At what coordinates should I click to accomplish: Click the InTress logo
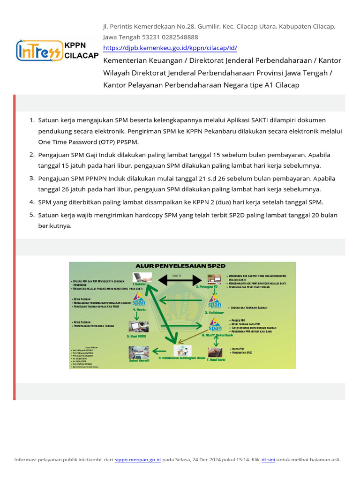(x=39, y=50)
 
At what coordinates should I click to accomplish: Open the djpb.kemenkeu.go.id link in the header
(x=170, y=48)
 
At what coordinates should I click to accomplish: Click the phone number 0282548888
(x=180, y=37)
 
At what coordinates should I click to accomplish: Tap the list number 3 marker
(x=32, y=179)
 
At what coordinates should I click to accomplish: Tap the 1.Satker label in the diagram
(x=139, y=285)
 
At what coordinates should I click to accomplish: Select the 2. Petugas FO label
(x=207, y=286)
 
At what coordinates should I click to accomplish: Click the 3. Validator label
(x=214, y=312)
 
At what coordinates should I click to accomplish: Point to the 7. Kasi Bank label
(x=216, y=360)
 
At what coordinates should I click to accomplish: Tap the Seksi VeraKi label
(x=139, y=360)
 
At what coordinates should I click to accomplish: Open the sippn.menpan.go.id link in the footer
(x=138, y=460)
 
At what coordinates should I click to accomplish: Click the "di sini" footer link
(x=268, y=460)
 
